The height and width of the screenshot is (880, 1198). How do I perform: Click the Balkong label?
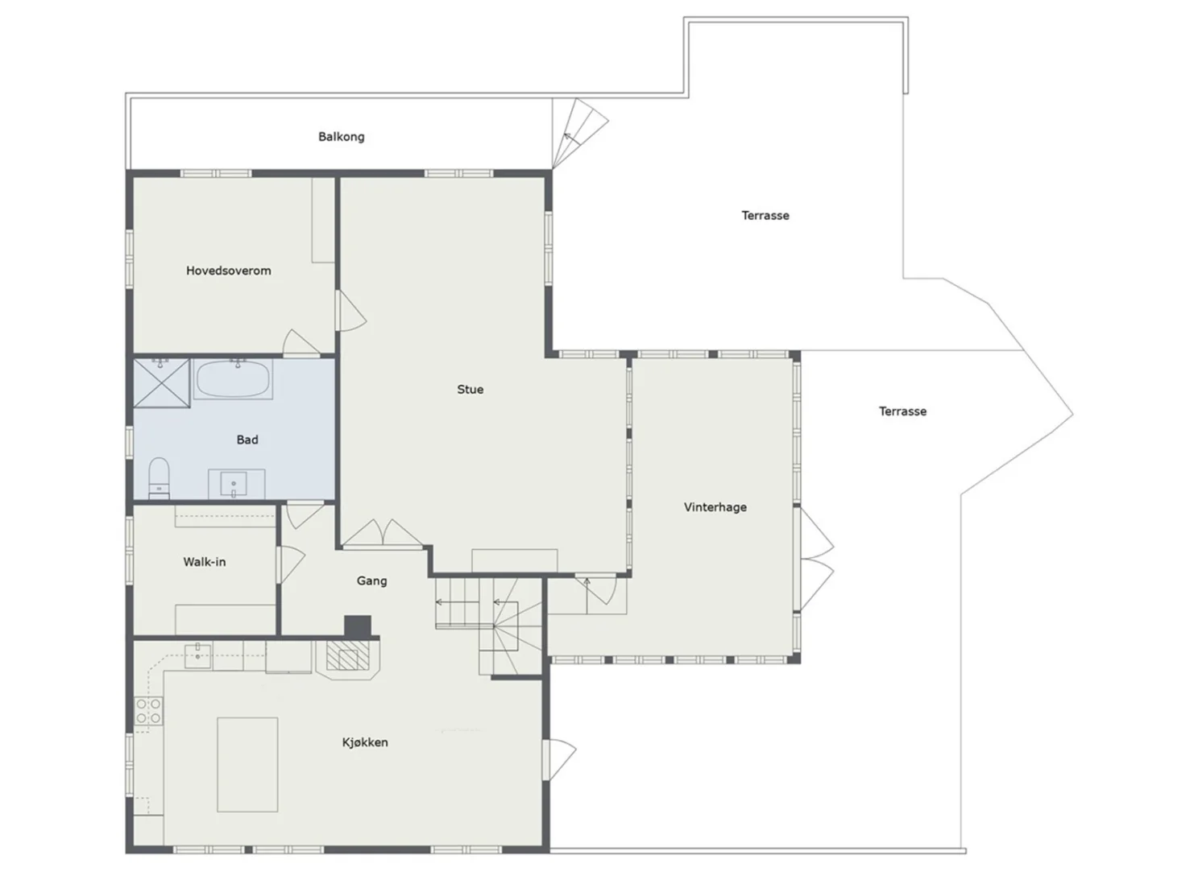tap(342, 137)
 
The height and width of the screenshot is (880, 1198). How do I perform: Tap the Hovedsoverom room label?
tap(228, 271)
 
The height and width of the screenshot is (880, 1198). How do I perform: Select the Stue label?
tap(470, 389)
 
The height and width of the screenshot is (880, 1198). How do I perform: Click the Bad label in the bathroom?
tap(247, 440)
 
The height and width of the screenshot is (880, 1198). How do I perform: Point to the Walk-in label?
tap(205, 562)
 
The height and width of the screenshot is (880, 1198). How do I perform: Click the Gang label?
tap(371, 580)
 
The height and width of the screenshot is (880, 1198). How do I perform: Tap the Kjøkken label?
tap(365, 742)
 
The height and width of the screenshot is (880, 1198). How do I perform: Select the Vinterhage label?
tap(715, 507)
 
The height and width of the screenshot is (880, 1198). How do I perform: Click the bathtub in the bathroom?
tap(233, 378)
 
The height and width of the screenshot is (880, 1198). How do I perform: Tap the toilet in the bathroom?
tap(159, 477)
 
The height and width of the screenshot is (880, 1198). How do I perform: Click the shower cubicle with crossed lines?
tap(161, 382)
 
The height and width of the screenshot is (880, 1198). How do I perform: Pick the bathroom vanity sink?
tap(234, 484)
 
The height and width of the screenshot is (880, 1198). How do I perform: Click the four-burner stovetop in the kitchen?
tap(148, 712)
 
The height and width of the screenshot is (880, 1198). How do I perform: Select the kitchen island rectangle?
tap(247, 765)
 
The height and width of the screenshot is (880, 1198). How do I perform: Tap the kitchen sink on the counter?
tap(197, 656)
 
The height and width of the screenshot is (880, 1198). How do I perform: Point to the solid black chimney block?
tap(357, 626)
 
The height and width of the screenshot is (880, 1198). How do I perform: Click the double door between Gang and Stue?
tap(383, 535)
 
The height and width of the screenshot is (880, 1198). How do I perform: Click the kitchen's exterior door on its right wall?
tap(558, 760)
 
